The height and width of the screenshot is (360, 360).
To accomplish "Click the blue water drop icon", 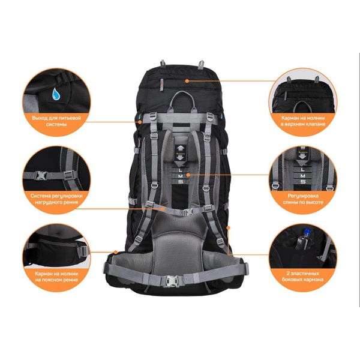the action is tap(56, 94).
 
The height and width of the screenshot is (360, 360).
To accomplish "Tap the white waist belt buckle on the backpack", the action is tap(172, 281).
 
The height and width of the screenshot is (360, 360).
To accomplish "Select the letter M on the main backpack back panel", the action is tap(180, 176).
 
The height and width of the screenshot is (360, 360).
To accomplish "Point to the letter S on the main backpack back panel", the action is tap(181, 182).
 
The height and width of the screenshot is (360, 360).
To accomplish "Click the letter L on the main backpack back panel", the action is tap(180, 170).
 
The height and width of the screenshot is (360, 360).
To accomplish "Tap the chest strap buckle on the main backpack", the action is tap(188, 212).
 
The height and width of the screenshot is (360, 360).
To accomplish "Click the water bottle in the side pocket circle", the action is tap(304, 239).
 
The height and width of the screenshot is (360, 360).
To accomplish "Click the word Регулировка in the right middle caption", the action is tap(303, 196).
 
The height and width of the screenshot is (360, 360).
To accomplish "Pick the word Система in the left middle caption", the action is tap(40, 196).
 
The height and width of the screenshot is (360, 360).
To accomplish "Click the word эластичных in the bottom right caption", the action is tap(305, 274).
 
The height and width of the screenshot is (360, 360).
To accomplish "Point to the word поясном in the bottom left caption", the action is tap(53, 280).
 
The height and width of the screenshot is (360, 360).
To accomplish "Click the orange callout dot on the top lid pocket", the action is tap(187, 81).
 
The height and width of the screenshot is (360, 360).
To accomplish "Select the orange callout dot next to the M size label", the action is tap(188, 175).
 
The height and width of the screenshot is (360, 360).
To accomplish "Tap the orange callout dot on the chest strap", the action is tap(163, 209).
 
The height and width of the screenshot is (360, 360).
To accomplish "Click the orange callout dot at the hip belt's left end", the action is tap(116, 253).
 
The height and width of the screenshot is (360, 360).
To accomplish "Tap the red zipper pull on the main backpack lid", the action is tap(161, 84).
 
